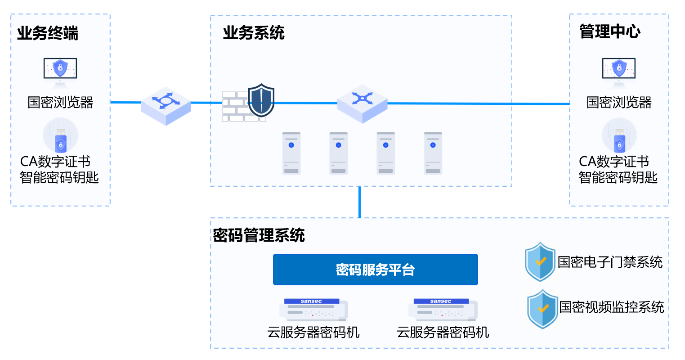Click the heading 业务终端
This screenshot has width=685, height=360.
pos(48,33)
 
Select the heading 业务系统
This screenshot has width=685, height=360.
pos(254,33)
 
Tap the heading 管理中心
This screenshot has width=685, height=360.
pos(610,31)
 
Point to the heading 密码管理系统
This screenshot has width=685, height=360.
pos(259,235)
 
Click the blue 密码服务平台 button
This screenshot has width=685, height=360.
pos(375,270)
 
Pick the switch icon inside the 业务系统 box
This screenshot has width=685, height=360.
pos(362,103)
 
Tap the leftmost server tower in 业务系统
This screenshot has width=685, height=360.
pos(291,153)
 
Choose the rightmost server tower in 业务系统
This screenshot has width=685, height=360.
pos(433,153)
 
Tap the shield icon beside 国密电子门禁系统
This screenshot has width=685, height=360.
pos(540,262)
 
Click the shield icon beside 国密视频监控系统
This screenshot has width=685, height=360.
pos(542,308)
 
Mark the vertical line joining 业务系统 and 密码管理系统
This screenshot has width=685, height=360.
pos(359,202)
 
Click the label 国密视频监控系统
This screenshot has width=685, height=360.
pos(611,307)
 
